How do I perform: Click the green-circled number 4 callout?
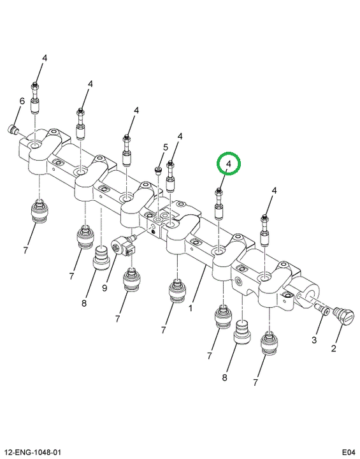[x=228, y=164]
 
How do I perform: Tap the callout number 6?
[x=22, y=101]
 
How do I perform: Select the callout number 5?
[x=166, y=147]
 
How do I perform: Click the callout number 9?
[x=104, y=288]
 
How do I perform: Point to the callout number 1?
[x=191, y=309]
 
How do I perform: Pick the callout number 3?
[x=314, y=340]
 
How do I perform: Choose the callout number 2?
[x=333, y=348]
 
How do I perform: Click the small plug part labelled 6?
[x=12, y=129]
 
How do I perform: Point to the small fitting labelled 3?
[x=321, y=309]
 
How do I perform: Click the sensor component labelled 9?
[x=123, y=246]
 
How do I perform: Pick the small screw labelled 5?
[x=158, y=170]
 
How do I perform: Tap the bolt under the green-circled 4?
[x=219, y=204]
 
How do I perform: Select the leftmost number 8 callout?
[x=84, y=303]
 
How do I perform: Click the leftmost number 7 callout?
[x=25, y=251]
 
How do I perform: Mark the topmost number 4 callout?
[x=44, y=58]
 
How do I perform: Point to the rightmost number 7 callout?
[x=256, y=382]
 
